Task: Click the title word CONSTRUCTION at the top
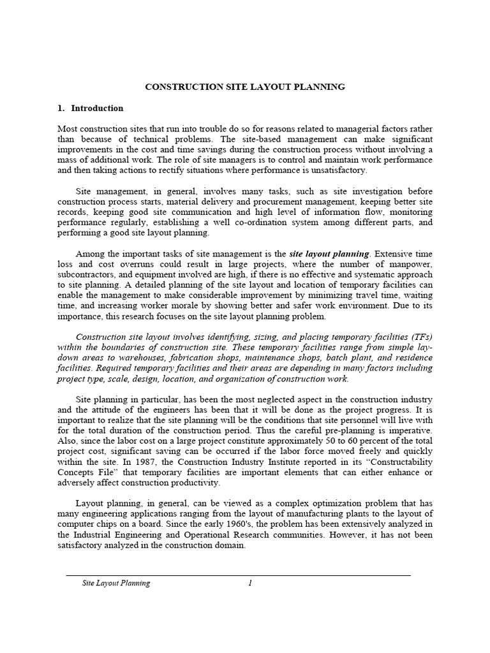click(x=179, y=86)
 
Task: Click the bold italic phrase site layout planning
click(x=329, y=254)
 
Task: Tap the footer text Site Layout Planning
click(x=116, y=583)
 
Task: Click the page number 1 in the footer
click(x=251, y=583)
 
